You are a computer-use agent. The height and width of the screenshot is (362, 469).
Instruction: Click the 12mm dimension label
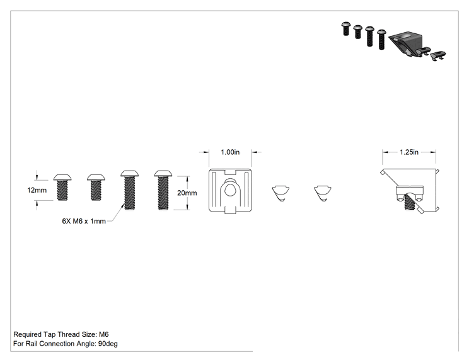(x=37, y=190)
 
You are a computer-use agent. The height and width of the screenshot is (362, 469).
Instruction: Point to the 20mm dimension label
(x=187, y=193)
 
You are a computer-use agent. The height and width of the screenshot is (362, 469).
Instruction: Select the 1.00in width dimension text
(x=230, y=152)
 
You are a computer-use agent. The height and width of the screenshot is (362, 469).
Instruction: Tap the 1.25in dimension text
(x=409, y=152)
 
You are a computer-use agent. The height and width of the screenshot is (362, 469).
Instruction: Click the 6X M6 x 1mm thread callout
(x=84, y=221)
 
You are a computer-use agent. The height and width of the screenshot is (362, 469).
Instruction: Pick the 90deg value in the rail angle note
(x=108, y=344)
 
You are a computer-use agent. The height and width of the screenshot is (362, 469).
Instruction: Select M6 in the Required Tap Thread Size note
(x=103, y=334)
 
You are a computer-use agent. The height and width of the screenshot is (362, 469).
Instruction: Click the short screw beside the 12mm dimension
(x=62, y=187)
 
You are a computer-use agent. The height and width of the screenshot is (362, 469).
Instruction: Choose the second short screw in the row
(x=96, y=187)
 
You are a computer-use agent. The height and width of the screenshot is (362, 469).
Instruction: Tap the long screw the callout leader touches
(x=129, y=190)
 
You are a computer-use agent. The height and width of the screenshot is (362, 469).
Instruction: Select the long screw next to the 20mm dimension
(x=163, y=190)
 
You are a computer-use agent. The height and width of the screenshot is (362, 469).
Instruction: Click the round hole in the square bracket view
(x=229, y=190)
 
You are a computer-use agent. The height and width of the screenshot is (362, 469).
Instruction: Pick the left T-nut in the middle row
(x=281, y=193)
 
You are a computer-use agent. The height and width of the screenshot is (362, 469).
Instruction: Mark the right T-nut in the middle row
(x=323, y=193)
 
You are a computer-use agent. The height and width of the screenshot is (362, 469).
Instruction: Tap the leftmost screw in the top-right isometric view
(x=346, y=29)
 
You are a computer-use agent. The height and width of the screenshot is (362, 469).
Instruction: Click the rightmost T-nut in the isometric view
(x=438, y=56)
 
